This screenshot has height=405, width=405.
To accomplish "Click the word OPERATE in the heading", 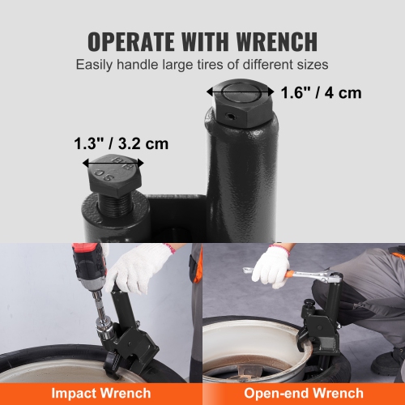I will coord(130,40).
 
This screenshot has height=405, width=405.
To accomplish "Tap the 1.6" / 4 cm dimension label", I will coord(322,92).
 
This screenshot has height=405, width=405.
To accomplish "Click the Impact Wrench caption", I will coord(101,393).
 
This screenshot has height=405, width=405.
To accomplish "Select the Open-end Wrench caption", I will coord(304,393).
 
